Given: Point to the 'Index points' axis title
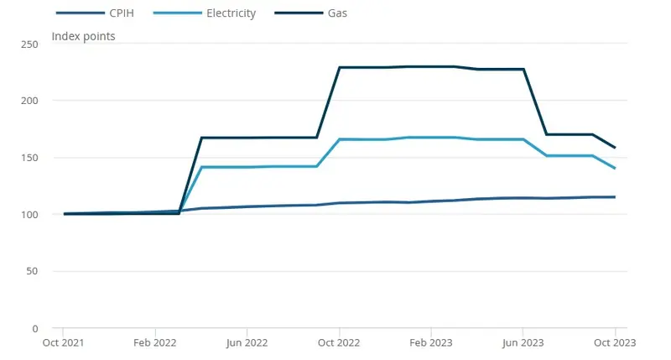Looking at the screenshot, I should point(84,36).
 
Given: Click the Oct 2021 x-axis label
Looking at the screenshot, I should point(62,342).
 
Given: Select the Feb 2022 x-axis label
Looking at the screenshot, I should point(154,342).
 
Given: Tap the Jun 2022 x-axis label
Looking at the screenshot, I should point(247,342).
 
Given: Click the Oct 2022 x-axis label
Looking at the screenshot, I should point(339,342).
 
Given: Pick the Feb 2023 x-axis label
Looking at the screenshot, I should point(431,342).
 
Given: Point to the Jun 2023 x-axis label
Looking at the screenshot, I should point(523,342).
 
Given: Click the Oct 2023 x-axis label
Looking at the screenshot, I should point(615,342).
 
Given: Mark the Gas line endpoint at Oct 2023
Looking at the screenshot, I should point(616,148).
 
